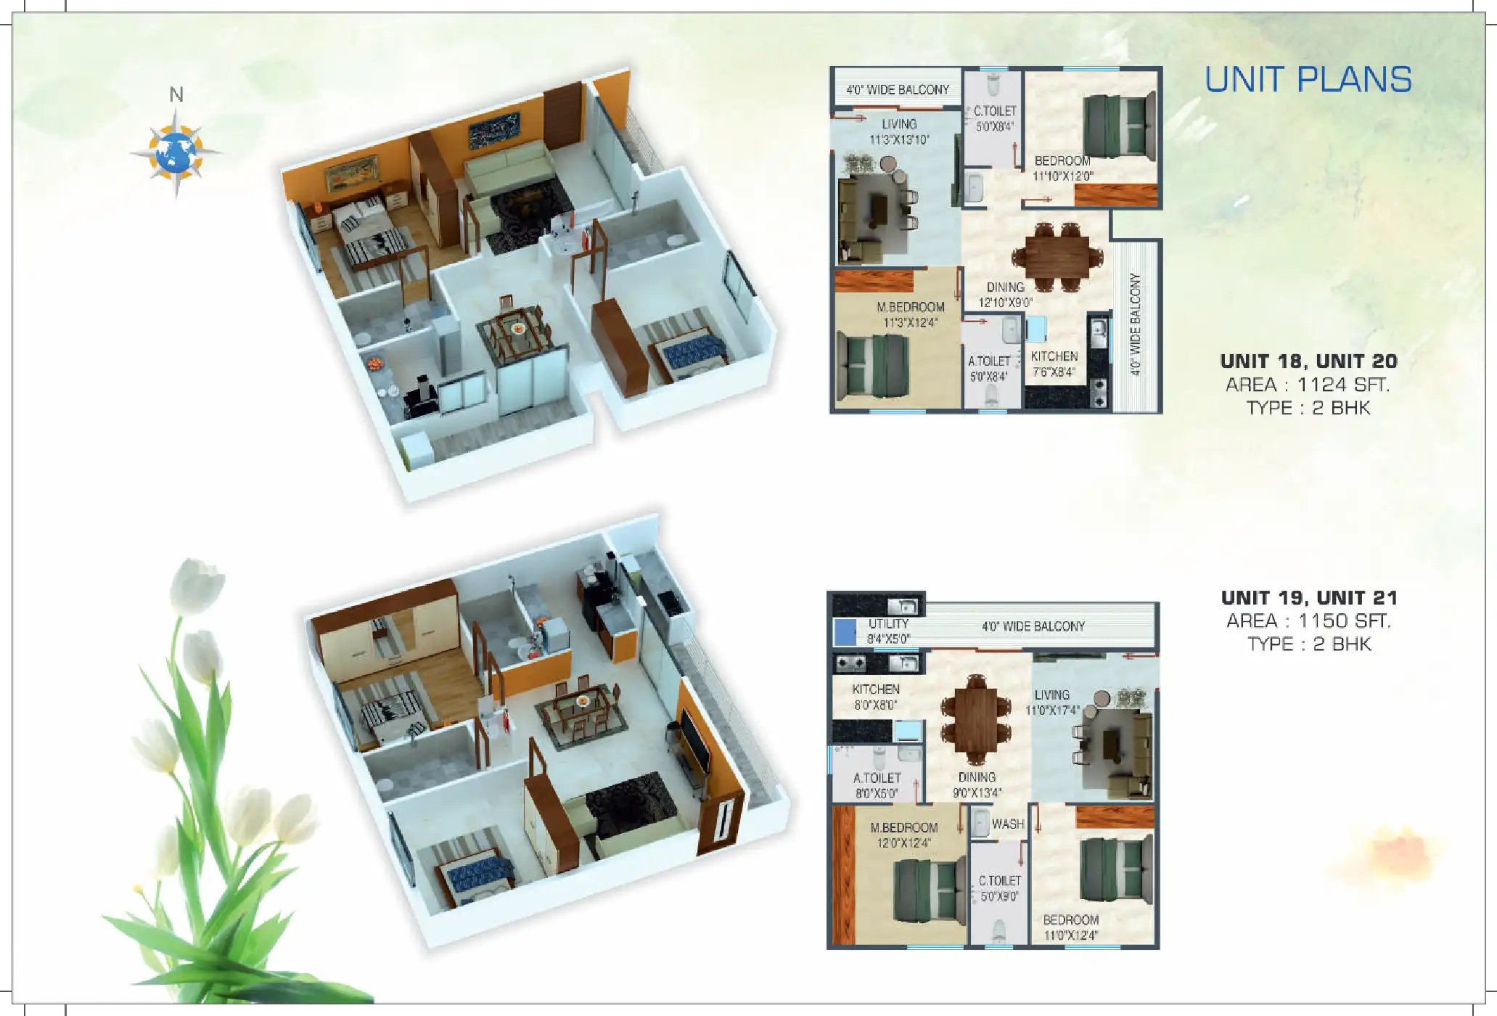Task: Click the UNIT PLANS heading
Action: click(1308, 80)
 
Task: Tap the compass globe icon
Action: click(176, 153)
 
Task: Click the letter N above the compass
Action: click(176, 95)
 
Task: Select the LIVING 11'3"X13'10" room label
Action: click(899, 132)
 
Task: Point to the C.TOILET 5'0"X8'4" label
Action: click(995, 118)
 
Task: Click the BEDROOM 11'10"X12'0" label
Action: click(1062, 168)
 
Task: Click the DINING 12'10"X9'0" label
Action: click(1005, 295)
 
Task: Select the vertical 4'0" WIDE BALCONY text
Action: click(1136, 324)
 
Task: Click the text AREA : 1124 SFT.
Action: click(1308, 385)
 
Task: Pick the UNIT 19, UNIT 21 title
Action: click(1309, 598)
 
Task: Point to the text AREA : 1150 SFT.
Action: click(1308, 621)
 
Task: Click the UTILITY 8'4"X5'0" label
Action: click(888, 631)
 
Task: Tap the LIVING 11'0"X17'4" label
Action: click(1051, 702)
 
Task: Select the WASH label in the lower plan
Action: click(1007, 824)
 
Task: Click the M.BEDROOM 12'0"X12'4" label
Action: click(903, 835)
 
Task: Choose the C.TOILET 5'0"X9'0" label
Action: click(999, 888)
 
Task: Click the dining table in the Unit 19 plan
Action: click(976, 718)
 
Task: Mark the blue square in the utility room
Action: click(845, 632)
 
